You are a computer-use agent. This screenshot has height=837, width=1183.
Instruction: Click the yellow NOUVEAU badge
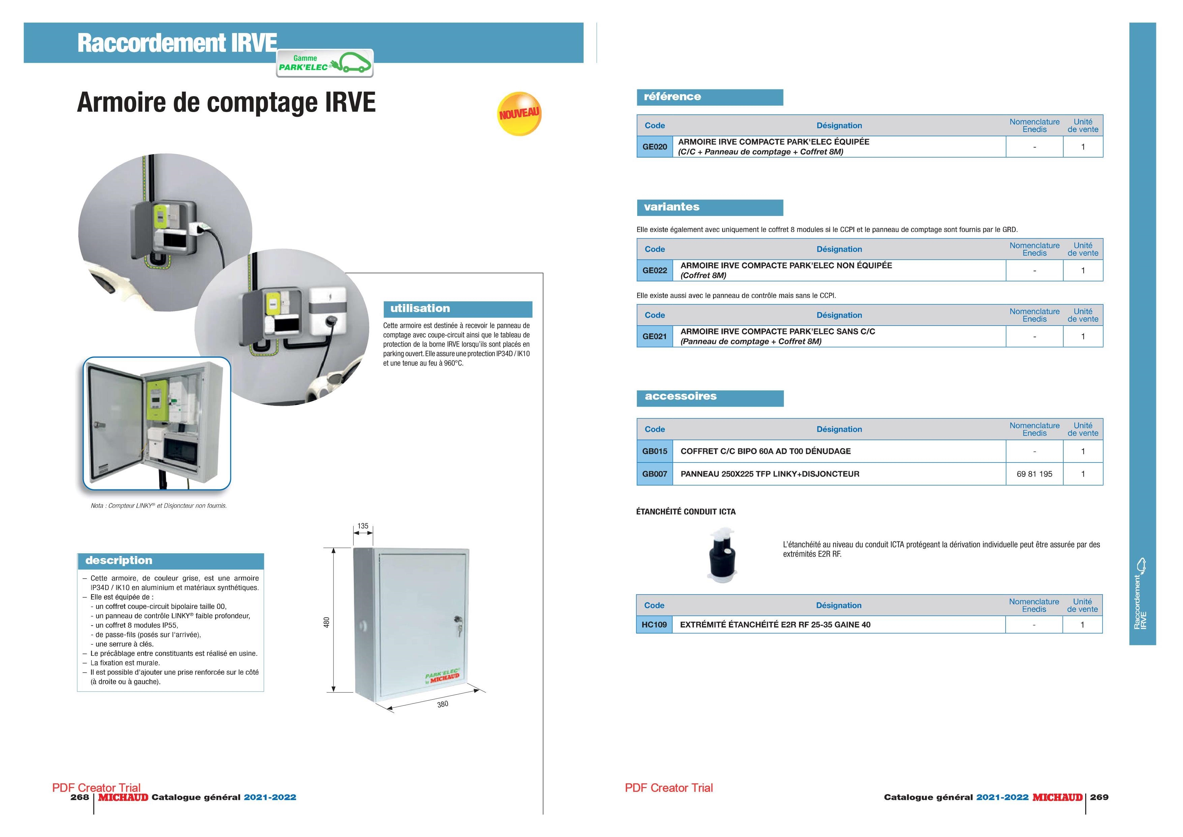(x=519, y=114)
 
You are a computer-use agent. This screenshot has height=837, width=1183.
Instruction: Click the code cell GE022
(x=654, y=270)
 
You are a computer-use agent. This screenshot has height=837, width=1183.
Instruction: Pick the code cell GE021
(x=654, y=336)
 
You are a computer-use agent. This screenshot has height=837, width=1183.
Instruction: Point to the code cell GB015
(x=654, y=451)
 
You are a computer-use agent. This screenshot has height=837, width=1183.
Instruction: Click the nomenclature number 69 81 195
(x=1034, y=474)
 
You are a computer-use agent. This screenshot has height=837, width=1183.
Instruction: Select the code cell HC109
(x=654, y=624)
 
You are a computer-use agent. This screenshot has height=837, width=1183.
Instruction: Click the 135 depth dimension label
(x=363, y=526)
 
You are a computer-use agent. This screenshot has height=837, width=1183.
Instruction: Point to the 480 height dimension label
(x=326, y=622)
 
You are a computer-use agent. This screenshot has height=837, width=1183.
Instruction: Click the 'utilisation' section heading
(x=420, y=308)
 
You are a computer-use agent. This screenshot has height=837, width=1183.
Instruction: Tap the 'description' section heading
(x=119, y=561)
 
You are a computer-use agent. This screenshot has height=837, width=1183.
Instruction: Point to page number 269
(x=1099, y=797)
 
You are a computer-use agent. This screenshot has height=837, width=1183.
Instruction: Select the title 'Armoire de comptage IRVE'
(x=226, y=102)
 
